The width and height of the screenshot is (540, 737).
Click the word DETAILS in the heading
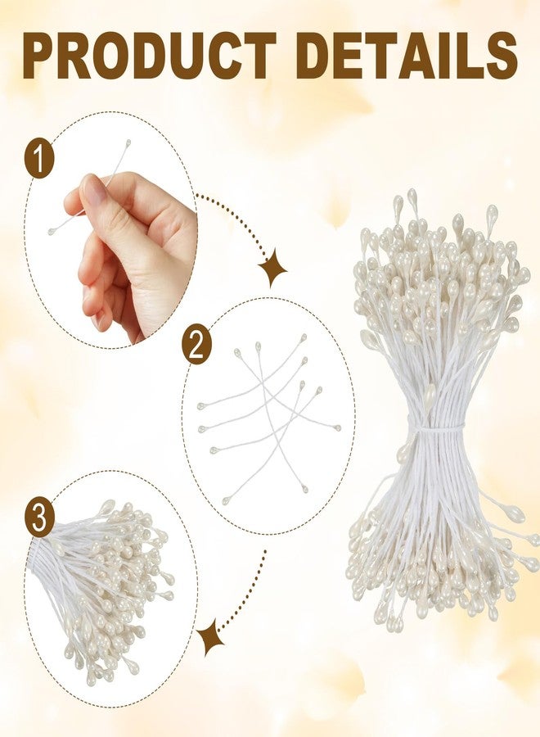point(407,56)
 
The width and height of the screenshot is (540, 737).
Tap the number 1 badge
point(39,159)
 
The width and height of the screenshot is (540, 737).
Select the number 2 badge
point(196,347)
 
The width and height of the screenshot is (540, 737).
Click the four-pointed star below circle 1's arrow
point(272,269)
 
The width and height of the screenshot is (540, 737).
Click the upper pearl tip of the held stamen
point(128,142)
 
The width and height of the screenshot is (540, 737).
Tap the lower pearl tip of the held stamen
point(52,231)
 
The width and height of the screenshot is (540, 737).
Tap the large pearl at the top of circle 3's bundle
point(106,507)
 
